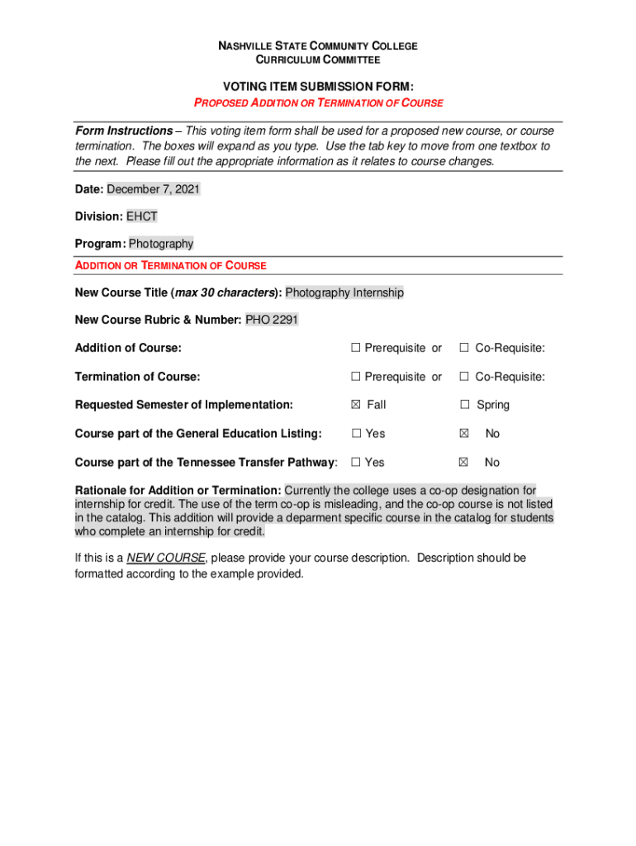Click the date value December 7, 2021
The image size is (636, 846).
click(x=153, y=189)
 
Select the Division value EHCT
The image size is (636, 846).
click(x=141, y=216)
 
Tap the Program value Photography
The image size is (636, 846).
click(x=161, y=244)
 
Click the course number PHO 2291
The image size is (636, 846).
click(x=272, y=320)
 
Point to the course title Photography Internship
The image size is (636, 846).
click(x=344, y=292)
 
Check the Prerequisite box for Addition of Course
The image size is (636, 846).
click(x=356, y=348)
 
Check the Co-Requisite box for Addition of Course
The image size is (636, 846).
click(x=465, y=348)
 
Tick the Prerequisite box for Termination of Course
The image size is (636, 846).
click(x=356, y=377)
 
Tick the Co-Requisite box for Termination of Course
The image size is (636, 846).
click(x=465, y=377)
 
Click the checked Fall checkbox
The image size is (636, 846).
click(x=356, y=405)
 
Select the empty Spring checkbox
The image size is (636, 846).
click(x=465, y=405)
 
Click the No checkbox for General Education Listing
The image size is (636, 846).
click(x=464, y=434)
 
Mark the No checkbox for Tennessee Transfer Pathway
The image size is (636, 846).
click(x=464, y=463)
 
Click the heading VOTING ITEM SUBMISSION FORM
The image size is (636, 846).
click(x=318, y=87)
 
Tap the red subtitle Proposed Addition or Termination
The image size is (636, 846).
click(x=318, y=103)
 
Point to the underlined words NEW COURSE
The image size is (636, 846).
click(x=166, y=558)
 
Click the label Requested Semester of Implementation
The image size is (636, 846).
click(x=183, y=405)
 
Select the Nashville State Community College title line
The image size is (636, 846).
click(x=318, y=46)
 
